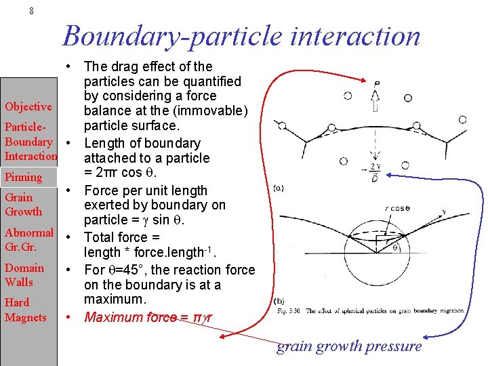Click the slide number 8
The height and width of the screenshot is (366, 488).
31,12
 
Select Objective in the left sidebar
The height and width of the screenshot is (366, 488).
28,106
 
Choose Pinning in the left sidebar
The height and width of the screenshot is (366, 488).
23,177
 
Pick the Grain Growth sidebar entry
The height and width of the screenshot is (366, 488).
23,204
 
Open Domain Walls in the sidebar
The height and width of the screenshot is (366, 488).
24,274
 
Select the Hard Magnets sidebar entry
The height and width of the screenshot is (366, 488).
25,310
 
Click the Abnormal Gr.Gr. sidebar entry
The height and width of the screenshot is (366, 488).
28,239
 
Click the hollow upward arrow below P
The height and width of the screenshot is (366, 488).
375,101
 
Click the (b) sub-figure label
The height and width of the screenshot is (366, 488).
279,301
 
